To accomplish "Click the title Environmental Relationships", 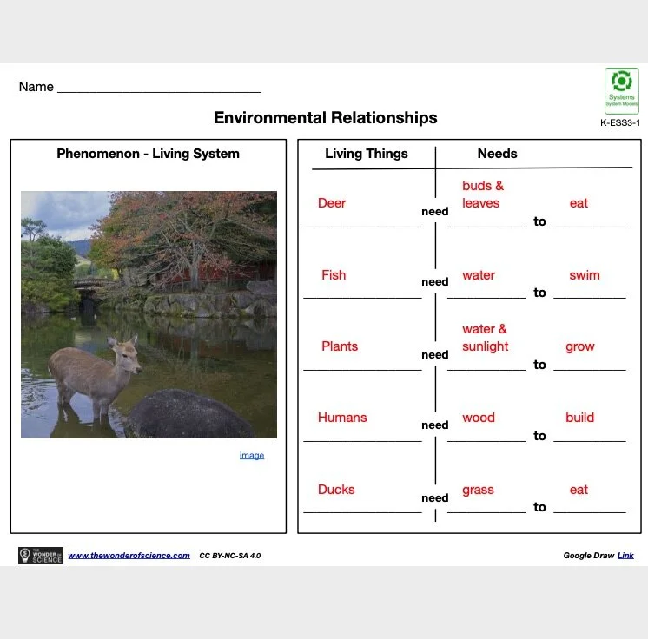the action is tap(325, 117).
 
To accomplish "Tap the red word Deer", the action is tap(332, 203).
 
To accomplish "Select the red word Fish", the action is tap(334, 275).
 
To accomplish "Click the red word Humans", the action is tap(342, 418).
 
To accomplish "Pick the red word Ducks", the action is tap(336, 490).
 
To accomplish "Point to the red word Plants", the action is tap(340, 346).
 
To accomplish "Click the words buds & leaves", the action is tap(482, 194).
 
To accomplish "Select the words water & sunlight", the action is tap(485, 338).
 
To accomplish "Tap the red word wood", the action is tap(478, 418).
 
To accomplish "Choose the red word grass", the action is tap(478, 490).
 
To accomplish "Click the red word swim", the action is tap(585, 275).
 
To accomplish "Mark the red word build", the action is tap(579, 418).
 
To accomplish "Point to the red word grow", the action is tap(579, 346).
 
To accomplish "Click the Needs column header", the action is tap(497, 154).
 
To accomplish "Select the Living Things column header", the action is tap(366, 154).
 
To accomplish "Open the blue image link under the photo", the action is tap(252, 455).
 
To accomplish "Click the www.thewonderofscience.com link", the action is tap(129, 556).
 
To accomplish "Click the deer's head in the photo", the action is tap(128, 348).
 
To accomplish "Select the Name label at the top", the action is tap(36, 87).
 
